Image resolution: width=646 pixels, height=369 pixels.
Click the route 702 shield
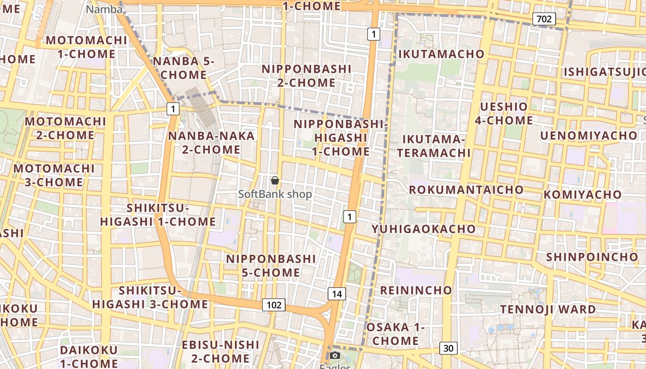544,19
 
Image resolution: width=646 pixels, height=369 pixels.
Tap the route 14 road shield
337,294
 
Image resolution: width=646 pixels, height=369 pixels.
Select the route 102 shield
274,305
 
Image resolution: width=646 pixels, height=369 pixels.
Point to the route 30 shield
448,348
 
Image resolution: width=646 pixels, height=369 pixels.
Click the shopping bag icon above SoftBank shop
275,180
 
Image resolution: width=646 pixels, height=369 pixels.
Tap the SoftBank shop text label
275,194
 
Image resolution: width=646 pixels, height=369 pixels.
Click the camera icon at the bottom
335,356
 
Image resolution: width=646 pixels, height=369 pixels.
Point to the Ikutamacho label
441,54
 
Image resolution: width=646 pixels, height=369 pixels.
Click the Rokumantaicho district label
466,190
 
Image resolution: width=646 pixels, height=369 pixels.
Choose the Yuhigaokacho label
424,229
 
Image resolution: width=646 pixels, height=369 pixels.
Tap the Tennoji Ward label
548,309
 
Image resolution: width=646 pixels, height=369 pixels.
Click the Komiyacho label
583,194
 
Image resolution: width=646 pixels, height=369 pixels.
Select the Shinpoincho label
592,257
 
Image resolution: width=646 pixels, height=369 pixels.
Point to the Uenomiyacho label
588,136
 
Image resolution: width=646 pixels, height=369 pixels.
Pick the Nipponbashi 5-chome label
271,266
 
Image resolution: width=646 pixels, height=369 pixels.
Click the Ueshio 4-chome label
504,113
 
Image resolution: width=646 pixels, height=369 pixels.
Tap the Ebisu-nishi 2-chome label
221,351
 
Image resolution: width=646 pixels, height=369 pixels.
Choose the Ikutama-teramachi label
436,146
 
